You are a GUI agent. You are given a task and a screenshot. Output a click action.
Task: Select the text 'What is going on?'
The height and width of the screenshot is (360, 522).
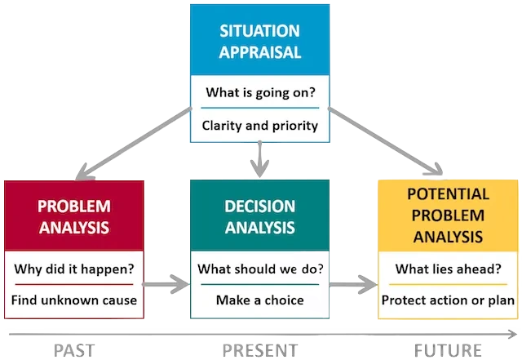pyautogui.click(x=260, y=92)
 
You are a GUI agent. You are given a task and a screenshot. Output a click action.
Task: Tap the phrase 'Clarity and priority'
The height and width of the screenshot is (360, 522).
pyautogui.click(x=260, y=126)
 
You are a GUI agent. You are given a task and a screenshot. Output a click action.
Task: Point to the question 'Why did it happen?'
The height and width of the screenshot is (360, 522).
pyautogui.click(x=74, y=269)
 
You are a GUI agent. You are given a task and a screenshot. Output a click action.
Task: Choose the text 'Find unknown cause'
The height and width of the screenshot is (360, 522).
pyautogui.click(x=74, y=300)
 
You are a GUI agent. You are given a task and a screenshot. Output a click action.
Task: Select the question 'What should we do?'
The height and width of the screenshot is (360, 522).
pyautogui.click(x=260, y=269)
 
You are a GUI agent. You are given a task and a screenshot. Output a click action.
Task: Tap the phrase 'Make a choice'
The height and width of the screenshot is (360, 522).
pyautogui.click(x=260, y=300)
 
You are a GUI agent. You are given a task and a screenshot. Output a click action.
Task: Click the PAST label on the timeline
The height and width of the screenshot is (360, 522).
pyautogui.click(x=74, y=350)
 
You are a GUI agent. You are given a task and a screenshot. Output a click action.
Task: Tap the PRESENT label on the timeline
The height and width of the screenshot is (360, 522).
pyautogui.click(x=260, y=350)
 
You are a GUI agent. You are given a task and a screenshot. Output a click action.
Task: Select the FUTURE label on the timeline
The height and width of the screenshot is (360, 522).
pyautogui.click(x=447, y=350)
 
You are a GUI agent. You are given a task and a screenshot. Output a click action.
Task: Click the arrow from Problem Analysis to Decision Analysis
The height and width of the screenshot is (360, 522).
pyautogui.click(x=166, y=284)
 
